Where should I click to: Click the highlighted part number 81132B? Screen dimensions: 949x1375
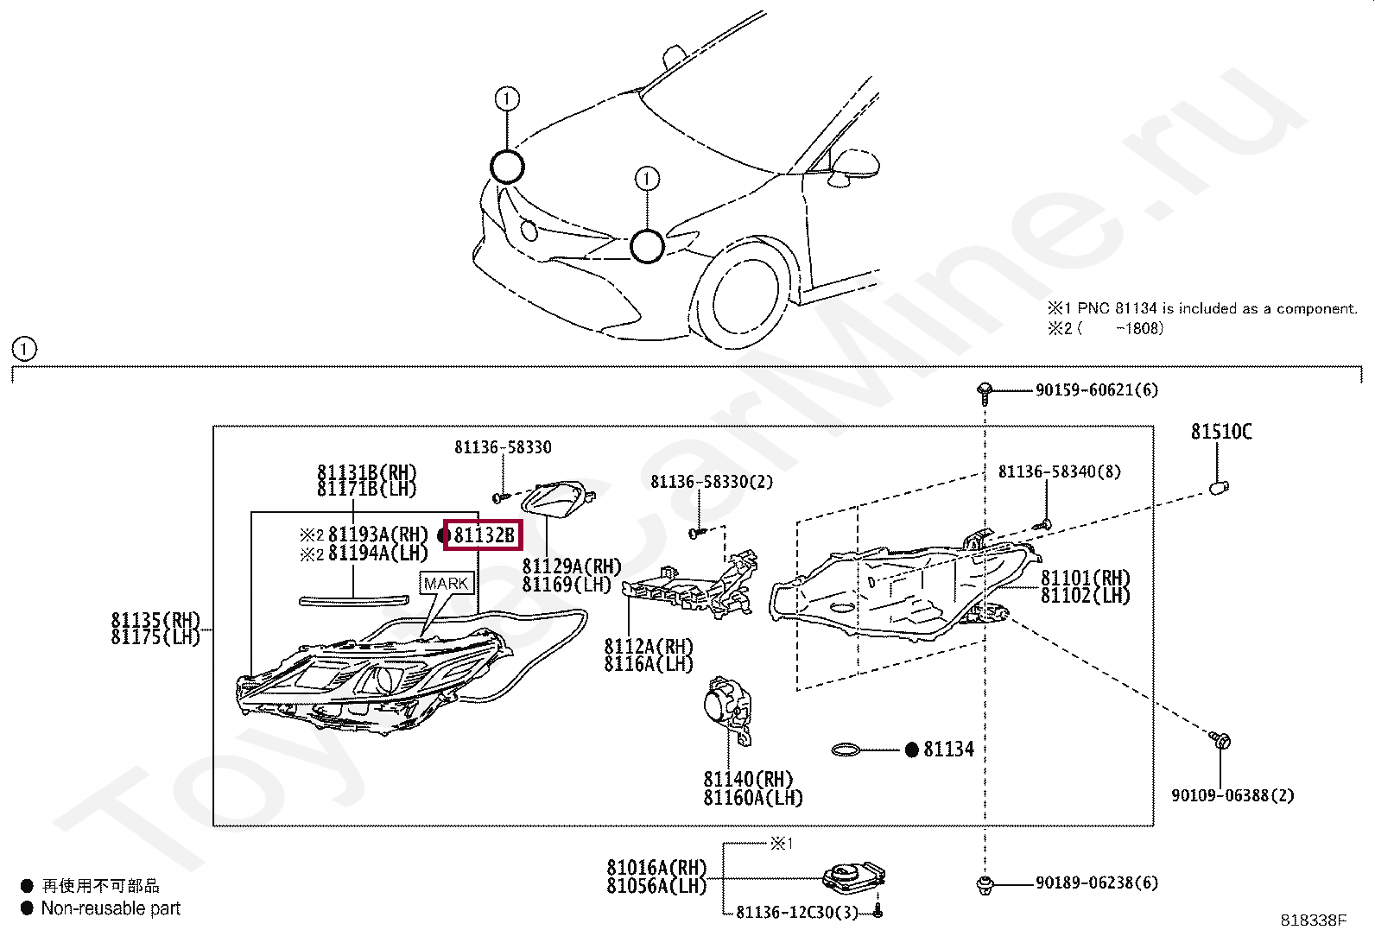click(x=484, y=535)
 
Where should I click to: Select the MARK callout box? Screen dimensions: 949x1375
click(x=446, y=584)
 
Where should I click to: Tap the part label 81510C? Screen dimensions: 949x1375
click(x=1221, y=432)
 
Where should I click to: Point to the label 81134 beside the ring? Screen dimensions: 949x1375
click(x=948, y=750)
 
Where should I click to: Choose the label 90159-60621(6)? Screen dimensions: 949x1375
click(x=1096, y=390)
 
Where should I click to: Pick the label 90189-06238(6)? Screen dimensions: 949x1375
click(x=1096, y=883)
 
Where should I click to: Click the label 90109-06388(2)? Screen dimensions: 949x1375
click(x=1232, y=795)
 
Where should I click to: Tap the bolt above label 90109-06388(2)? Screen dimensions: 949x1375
click(x=1220, y=741)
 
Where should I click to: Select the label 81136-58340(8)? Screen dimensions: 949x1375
click(x=1059, y=471)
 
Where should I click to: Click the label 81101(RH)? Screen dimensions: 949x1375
click(x=1085, y=578)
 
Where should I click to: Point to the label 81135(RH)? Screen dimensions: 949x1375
click(x=155, y=620)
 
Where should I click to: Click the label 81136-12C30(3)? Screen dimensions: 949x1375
click(x=797, y=913)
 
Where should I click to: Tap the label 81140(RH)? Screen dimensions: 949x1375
click(x=748, y=780)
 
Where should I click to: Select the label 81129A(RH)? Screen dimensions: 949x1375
click(x=572, y=566)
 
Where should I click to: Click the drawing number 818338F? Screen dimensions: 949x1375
click(x=1314, y=921)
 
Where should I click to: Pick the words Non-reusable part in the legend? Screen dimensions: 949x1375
click(x=111, y=908)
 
